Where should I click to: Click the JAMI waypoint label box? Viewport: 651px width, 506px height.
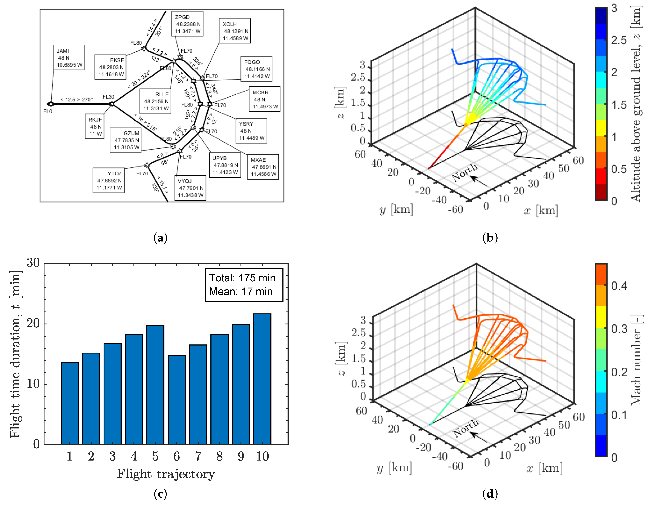[x=69, y=58]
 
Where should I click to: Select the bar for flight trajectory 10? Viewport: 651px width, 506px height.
[x=262, y=379]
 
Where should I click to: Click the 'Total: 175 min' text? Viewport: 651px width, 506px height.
[x=242, y=278]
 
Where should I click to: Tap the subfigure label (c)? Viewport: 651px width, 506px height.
[x=160, y=494]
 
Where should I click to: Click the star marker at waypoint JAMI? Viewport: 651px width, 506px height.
[x=51, y=104]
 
